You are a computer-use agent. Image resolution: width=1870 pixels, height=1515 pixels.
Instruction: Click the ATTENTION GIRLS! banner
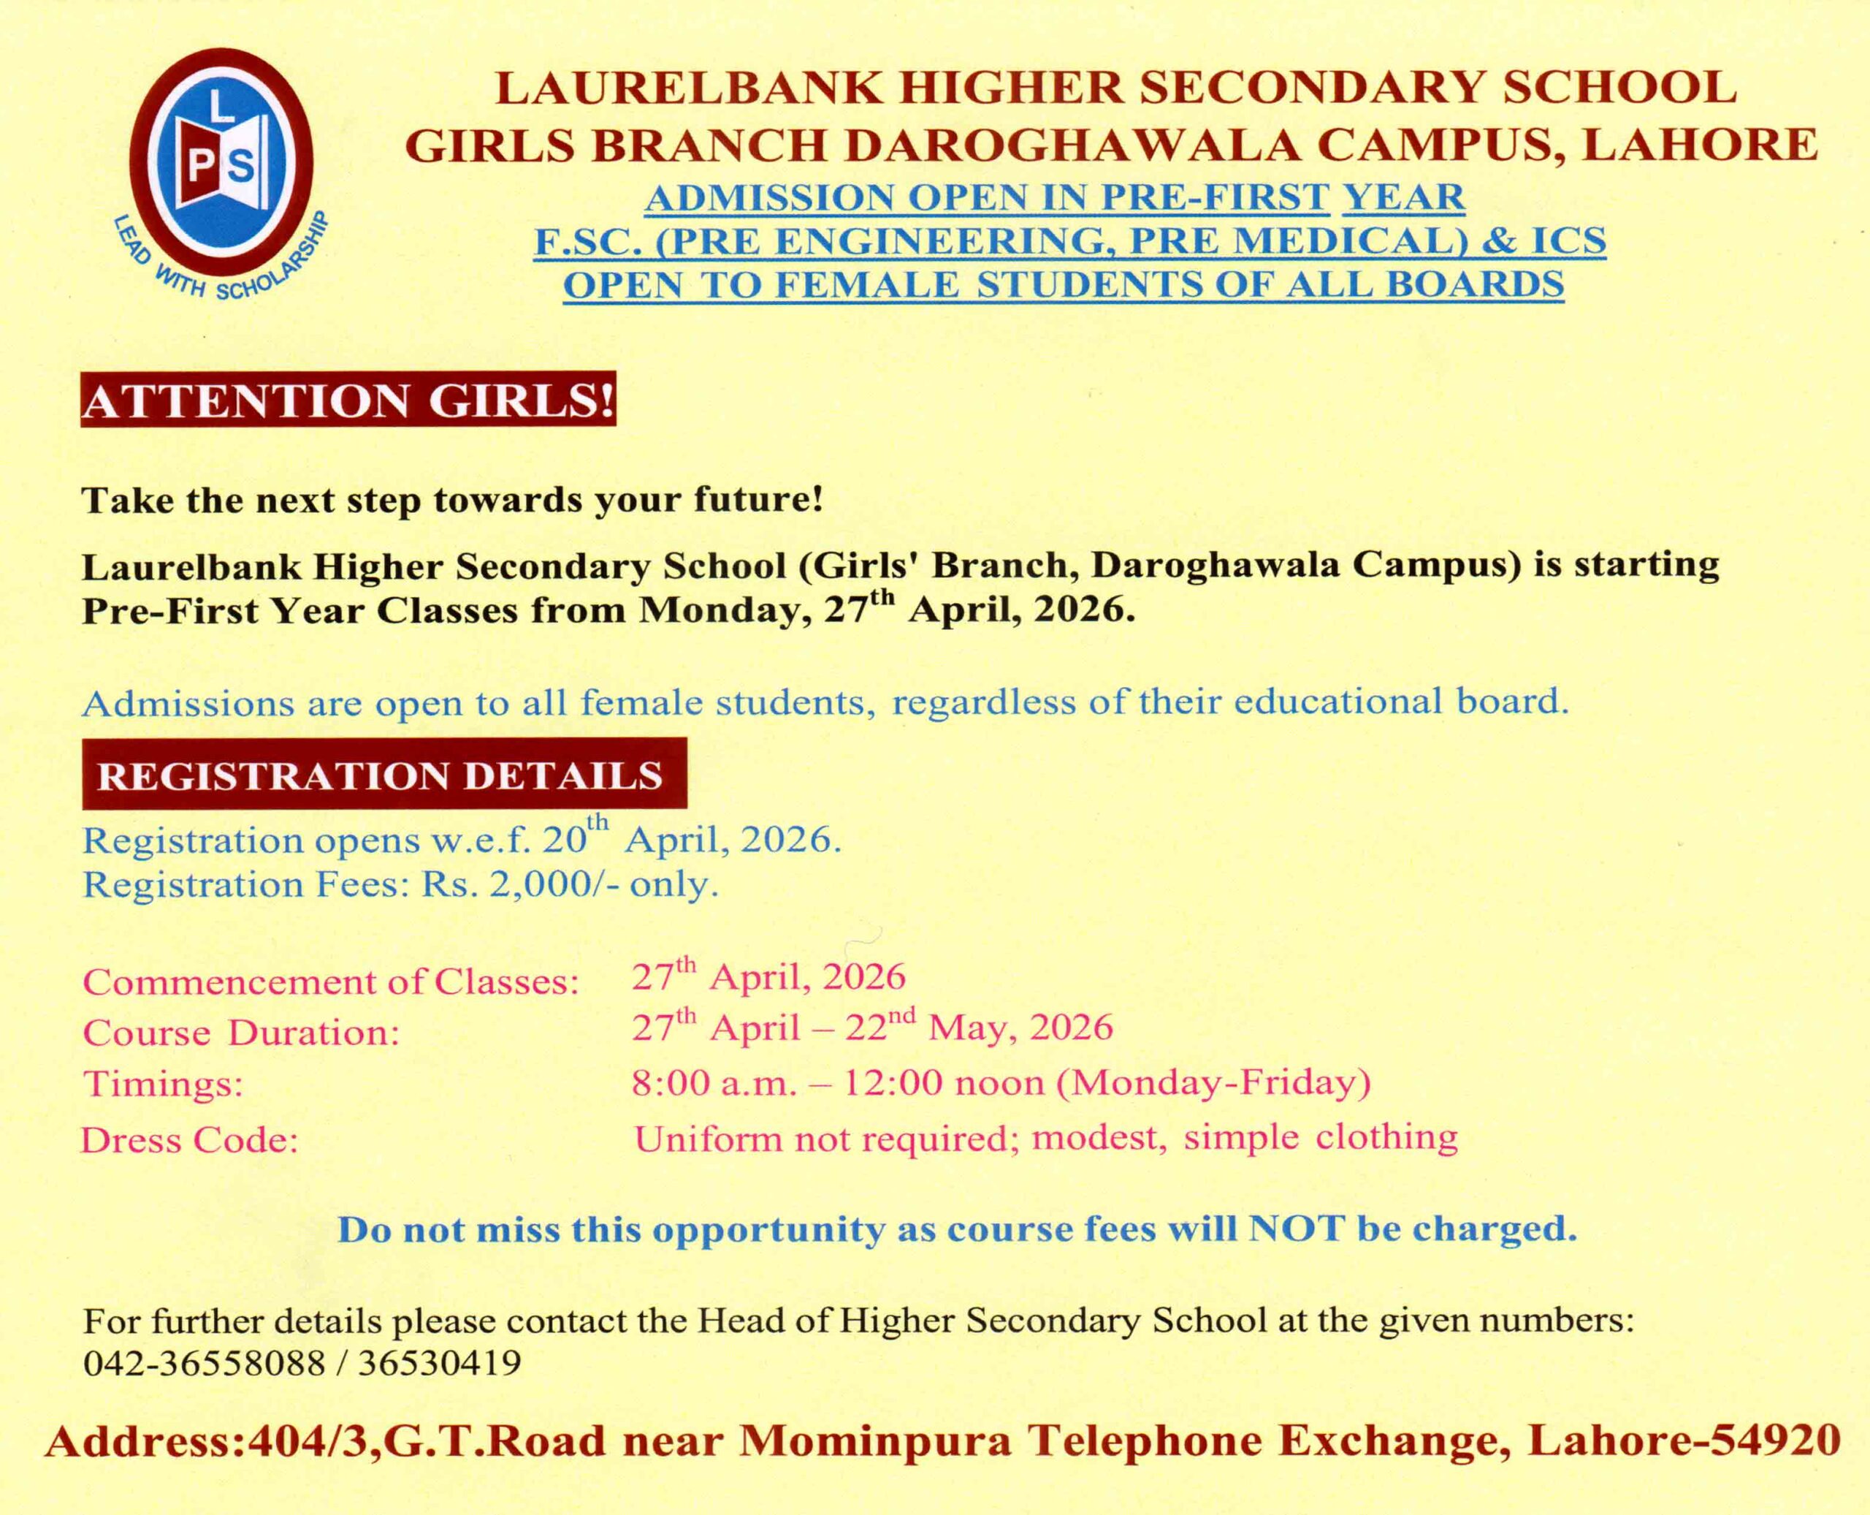(x=348, y=400)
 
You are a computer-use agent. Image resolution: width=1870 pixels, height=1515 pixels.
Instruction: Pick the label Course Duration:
(x=241, y=1033)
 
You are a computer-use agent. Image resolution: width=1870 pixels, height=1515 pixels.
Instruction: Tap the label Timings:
(x=163, y=1085)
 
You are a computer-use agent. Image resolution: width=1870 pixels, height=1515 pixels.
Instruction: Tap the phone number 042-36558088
(x=204, y=1363)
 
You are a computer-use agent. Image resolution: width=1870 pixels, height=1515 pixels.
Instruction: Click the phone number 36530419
(x=440, y=1363)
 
